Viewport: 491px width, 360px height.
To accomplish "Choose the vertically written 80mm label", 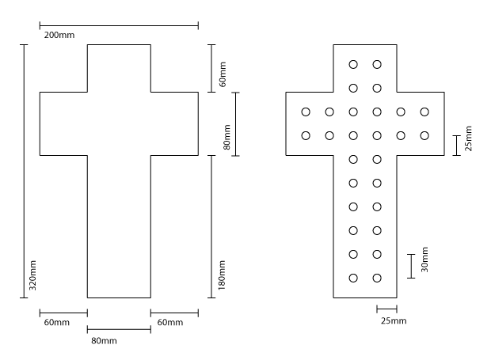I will [226, 137].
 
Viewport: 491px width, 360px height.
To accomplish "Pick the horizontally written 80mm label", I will [104, 341].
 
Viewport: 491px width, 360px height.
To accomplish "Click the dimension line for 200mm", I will [119, 25].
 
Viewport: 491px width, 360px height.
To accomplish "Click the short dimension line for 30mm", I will [411, 266].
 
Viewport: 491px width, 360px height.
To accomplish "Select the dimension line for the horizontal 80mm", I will [119, 329].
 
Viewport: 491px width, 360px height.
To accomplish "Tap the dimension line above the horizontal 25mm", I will [387, 309].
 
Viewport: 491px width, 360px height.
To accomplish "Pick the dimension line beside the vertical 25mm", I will [456, 146].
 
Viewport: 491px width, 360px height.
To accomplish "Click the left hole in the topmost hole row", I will [353, 64].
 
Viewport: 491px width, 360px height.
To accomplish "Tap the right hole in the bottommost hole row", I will [377, 278].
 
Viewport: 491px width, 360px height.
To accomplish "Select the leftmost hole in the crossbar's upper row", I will [306, 112].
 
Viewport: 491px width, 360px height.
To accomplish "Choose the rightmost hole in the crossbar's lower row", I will [424, 135].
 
